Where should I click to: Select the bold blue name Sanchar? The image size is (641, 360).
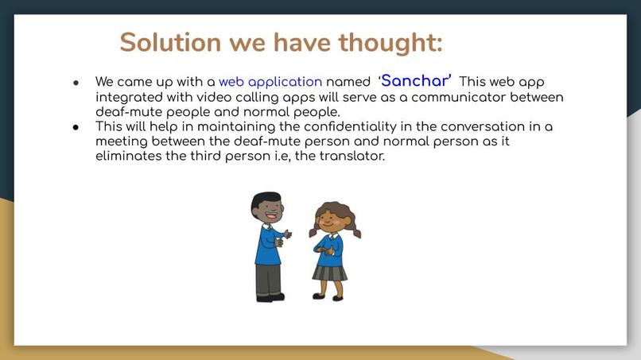pyautogui.click(x=416, y=81)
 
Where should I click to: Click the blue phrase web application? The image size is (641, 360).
pyautogui.click(x=270, y=82)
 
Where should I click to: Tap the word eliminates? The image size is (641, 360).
pyautogui.click(x=131, y=156)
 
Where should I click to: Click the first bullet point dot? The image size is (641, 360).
pyautogui.click(x=76, y=83)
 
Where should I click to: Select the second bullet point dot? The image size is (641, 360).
pyautogui.click(x=76, y=127)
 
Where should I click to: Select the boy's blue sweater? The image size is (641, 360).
pyautogui.click(x=266, y=244)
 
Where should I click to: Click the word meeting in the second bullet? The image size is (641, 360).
pyautogui.click(x=119, y=141)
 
